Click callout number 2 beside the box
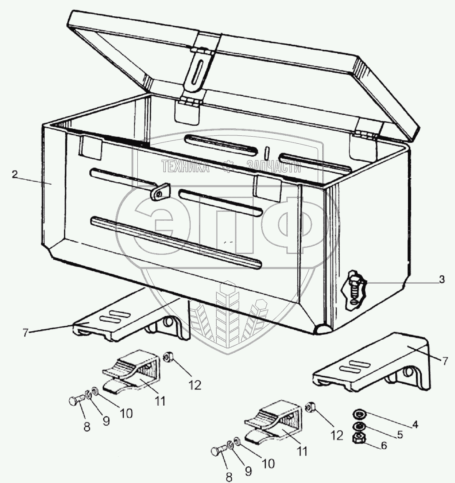(x=15, y=174)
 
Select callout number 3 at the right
(x=442, y=280)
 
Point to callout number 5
(x=400, y=435)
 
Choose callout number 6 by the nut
(x=383, y=445)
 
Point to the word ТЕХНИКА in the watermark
(x=185, y=167)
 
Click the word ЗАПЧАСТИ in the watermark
(x=274, y=167)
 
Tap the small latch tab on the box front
(x=160, y=191)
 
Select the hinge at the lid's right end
(x=366, y=134)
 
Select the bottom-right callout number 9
(x=248, y=471)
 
